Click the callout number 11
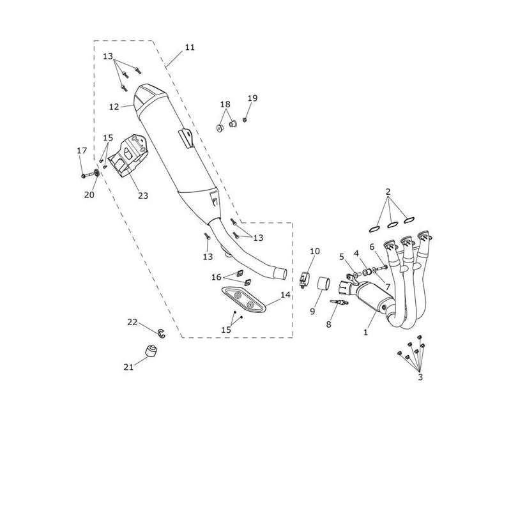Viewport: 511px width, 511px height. point(190,47)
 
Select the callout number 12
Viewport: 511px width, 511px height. point(114,107)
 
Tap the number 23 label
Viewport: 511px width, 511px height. point(142,195)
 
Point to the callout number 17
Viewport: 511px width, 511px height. point(82,151)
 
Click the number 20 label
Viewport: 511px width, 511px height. point(89,195)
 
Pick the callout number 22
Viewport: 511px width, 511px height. point(132,323)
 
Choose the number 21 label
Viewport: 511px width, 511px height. point(128,367)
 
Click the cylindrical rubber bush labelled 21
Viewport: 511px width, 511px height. point(151,350)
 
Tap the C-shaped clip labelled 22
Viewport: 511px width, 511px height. point(162,333)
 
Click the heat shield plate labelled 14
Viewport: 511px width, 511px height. point(243,299)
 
